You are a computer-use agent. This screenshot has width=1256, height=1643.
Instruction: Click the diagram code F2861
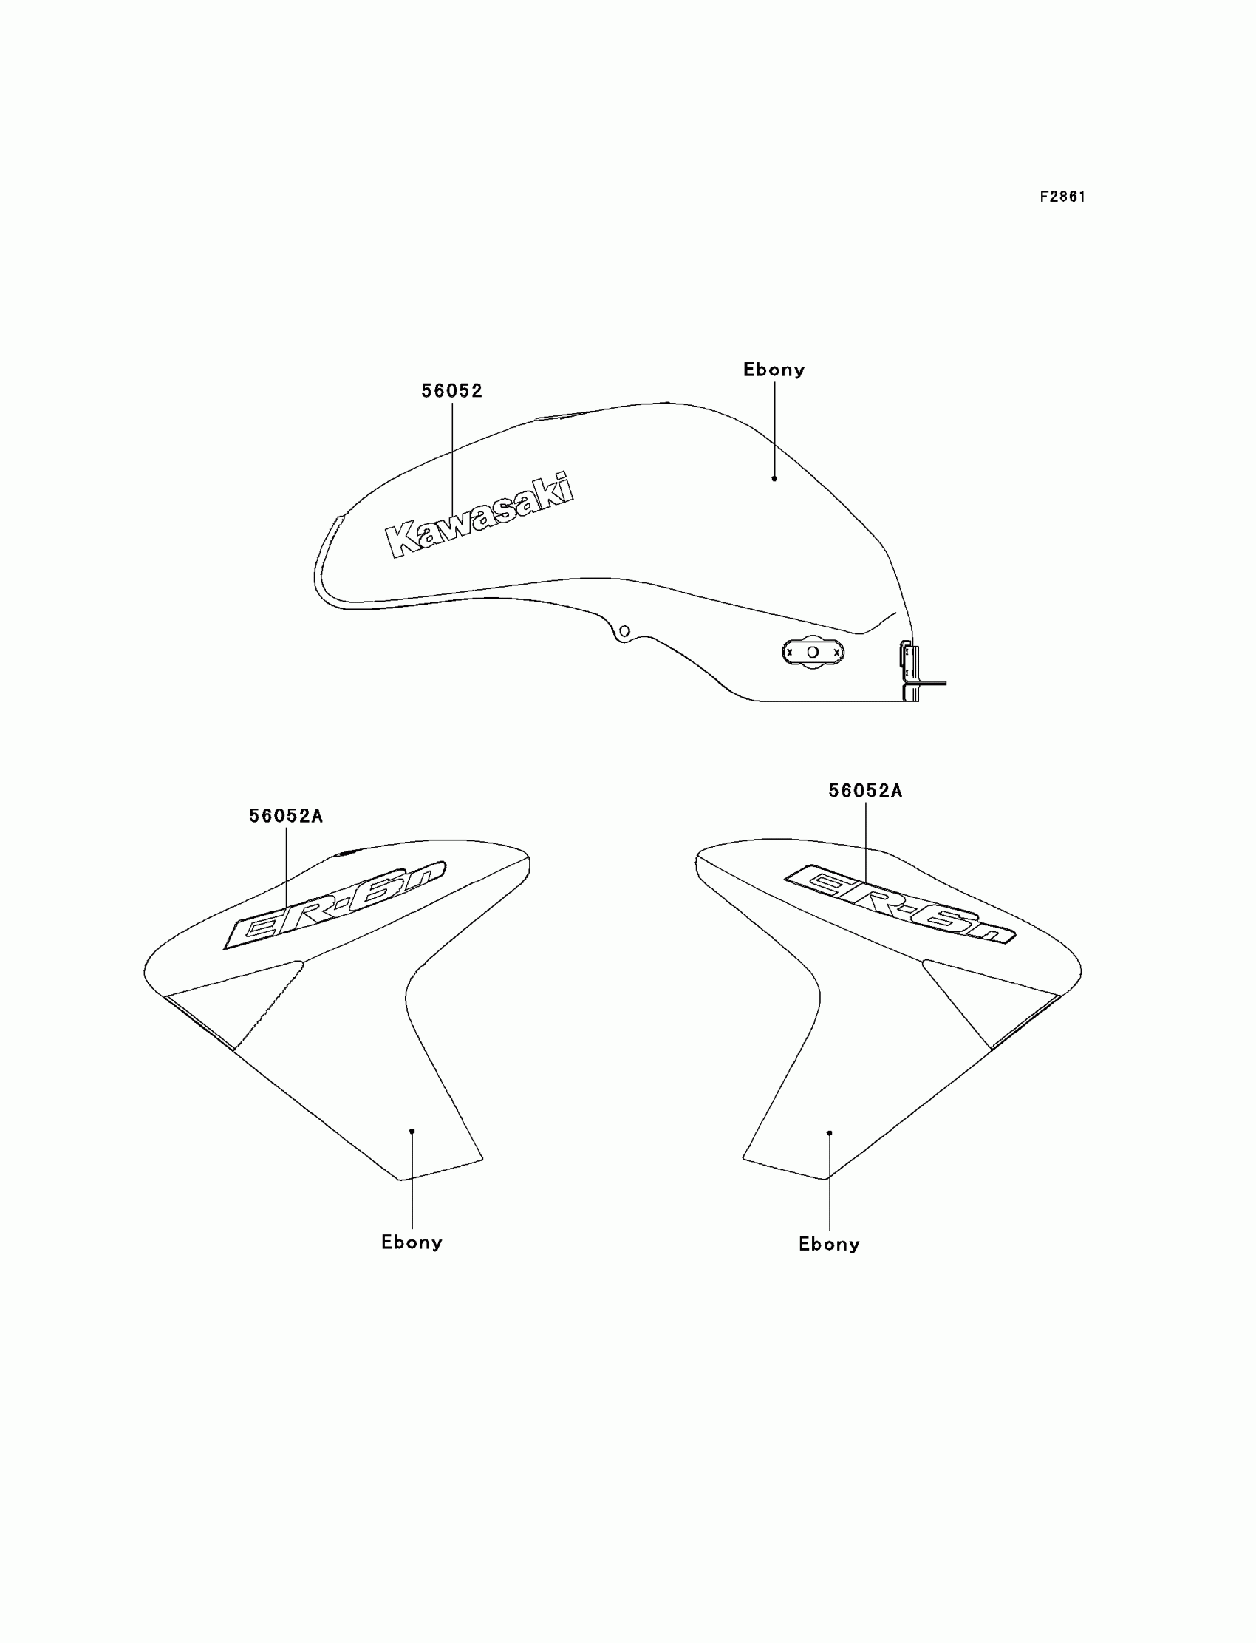(x=1062, y=197)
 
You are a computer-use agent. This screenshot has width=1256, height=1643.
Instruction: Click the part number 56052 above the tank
(x=451, y=390)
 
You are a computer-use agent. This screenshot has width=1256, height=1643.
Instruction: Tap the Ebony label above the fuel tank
(x=774, y=370)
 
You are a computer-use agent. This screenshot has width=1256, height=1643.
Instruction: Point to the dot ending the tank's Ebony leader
(x=774, y=479)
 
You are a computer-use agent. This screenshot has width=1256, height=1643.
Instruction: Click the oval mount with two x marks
(x=813, y=652)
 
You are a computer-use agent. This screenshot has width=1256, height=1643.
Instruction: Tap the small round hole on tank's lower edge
(x=625, y=631)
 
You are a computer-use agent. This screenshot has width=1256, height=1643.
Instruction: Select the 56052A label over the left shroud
(x=286, y=816)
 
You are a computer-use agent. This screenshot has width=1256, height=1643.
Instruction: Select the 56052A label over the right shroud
(x=865, y=792)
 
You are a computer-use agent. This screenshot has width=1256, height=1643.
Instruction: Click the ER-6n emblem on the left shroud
(x=335, y=905)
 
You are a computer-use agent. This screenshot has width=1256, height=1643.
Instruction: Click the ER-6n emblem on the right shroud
(x=899, y=903)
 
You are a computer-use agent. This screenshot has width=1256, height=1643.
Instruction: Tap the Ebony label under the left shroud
(x=412, y=1243)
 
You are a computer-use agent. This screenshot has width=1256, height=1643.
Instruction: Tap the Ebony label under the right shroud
(x=829, y=1245)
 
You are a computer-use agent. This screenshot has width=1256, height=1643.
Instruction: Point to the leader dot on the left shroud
(x=412, y=1132)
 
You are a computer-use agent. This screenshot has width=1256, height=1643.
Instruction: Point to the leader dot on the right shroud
(x=829, y=1133)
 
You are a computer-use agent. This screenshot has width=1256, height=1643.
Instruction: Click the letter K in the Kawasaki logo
(x=401, y=540)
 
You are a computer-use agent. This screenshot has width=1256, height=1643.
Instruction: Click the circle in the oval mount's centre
(x=813, y=652)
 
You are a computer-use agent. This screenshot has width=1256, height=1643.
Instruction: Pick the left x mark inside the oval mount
(x=790, y=653)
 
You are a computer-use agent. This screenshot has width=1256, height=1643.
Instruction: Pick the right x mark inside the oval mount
(x=836, y=653)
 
